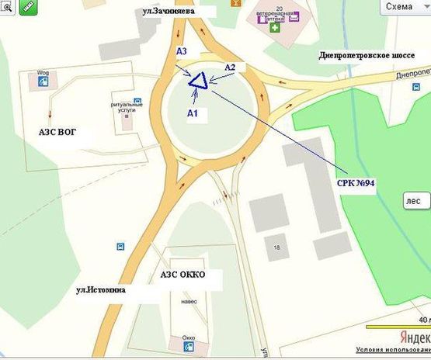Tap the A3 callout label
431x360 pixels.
(x=182, y=51)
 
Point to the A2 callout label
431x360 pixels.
(x=230, y=67)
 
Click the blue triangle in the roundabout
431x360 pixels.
(x=197, y=81)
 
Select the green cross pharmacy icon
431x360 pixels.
(x=275, y=27)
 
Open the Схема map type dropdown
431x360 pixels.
(x=404, y=6)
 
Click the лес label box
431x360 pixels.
(x=414, y=200)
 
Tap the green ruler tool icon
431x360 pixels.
(x=31, y=6)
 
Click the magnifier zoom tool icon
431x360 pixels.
(x=7, y=7)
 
